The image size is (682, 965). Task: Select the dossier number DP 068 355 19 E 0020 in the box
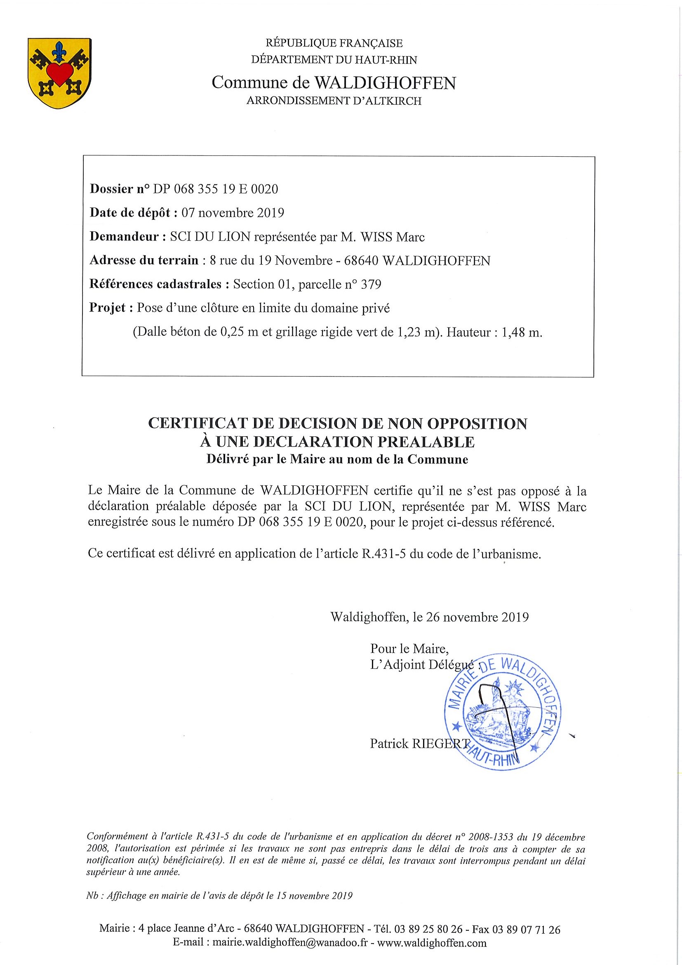tap(215, 189)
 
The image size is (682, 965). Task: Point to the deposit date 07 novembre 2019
tap(233, 213)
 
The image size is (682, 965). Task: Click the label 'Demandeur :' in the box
tap(125, 237)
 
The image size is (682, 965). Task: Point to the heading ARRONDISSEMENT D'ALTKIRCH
tap(334, 101)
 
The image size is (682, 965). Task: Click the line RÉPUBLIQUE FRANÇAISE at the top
tap(334, 43)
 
